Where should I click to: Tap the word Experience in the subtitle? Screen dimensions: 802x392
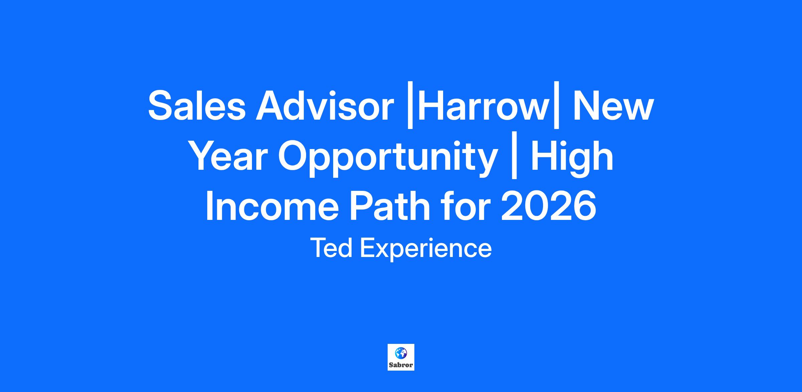tap(425, 250)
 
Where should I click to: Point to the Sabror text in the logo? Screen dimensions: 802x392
tap(401, 365)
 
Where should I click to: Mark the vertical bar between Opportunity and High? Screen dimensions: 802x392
tap(514, 158)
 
